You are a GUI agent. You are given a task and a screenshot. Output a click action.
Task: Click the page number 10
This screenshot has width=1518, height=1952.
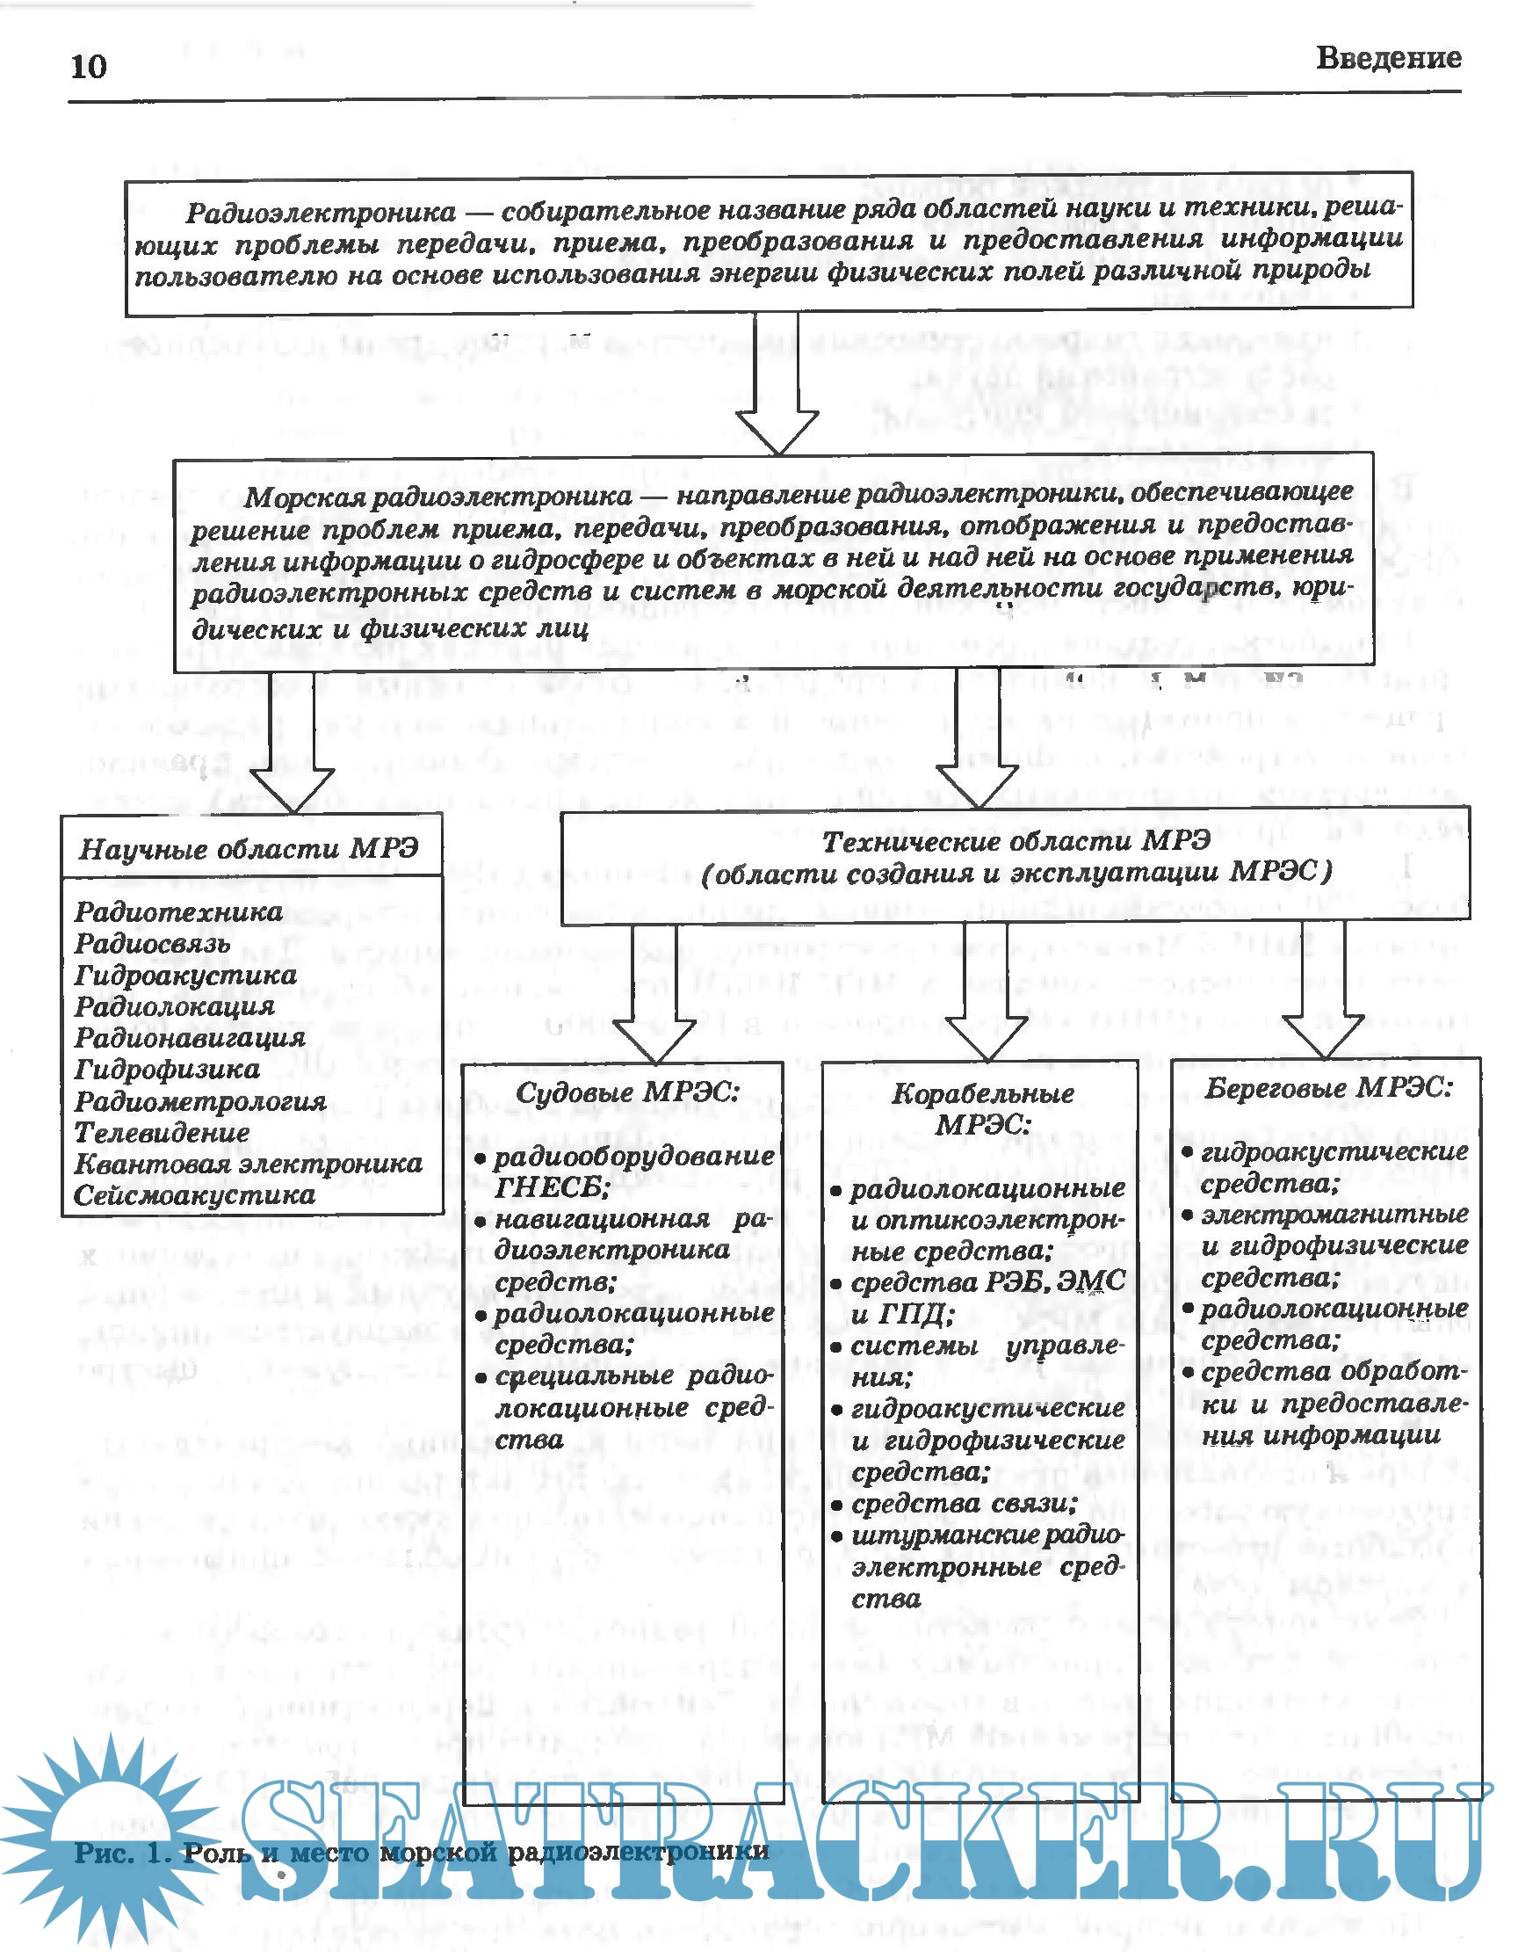88,66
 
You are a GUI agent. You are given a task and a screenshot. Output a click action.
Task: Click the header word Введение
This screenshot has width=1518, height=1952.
1388,58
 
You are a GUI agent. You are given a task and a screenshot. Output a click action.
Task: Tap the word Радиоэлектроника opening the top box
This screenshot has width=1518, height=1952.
321,213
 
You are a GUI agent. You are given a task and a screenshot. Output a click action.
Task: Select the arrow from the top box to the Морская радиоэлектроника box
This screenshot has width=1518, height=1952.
777,384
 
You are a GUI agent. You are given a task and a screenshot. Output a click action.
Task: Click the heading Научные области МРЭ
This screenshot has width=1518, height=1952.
249,848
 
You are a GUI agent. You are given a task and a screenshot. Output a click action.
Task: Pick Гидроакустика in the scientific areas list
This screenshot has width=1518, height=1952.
185,975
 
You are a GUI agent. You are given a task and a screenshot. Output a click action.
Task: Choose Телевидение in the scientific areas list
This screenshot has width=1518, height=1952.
162,1132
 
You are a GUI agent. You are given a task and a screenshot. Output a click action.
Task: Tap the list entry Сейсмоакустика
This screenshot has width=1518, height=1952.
194,1195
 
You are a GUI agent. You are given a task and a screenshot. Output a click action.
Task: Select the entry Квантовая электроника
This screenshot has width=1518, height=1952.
248,1164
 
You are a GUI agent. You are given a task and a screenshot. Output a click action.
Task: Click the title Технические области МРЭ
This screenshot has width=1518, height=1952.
1016,841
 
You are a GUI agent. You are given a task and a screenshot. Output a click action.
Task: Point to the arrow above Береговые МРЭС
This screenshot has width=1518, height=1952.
1323,992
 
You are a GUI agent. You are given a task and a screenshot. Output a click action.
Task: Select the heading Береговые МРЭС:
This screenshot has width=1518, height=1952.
1328,1088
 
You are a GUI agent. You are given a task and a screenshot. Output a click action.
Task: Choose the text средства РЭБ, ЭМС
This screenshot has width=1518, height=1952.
987,1283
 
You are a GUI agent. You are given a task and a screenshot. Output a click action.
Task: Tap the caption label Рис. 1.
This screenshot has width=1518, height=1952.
121,1853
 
